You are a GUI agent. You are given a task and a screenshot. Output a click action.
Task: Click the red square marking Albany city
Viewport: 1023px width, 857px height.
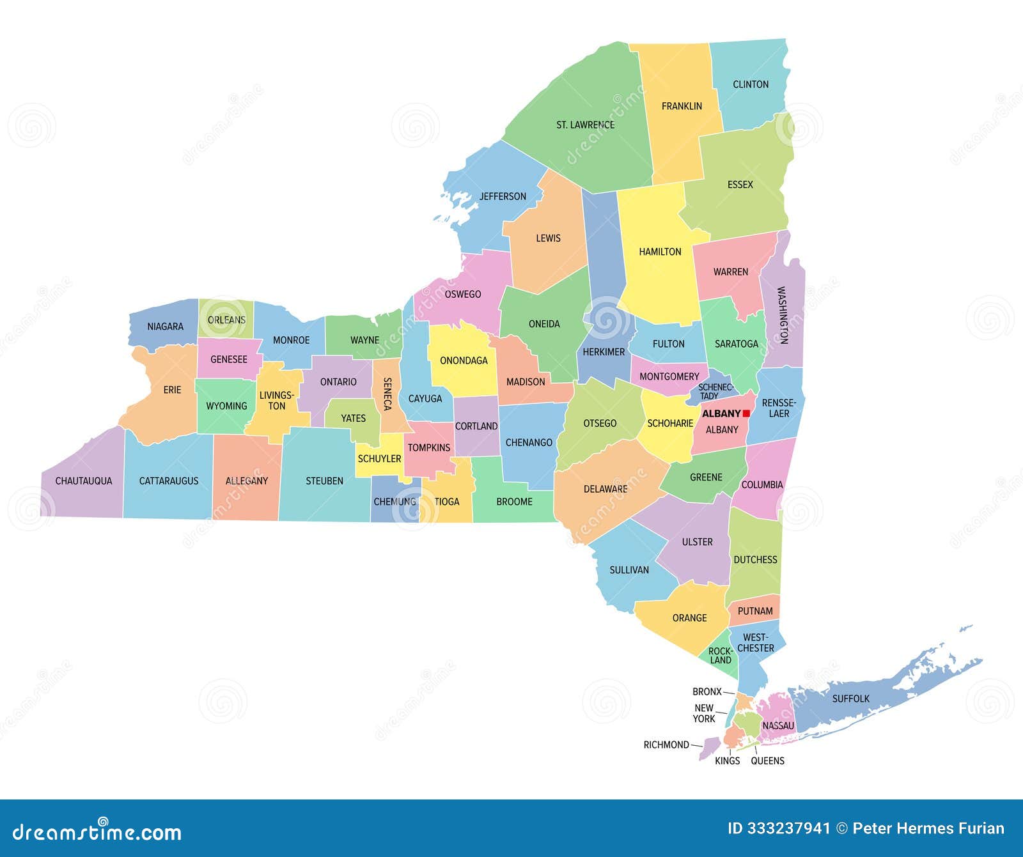[x=746, y=413]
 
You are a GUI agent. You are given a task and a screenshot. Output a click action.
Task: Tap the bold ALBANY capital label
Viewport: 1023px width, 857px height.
[x=721, y=413]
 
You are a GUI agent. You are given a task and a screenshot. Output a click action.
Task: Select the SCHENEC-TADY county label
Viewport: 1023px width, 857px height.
[x=715, y=391]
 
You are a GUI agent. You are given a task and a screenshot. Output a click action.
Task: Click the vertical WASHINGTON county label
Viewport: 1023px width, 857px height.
[x=782, y=315]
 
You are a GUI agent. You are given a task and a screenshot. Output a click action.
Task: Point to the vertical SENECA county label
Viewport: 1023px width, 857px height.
[x=387, y=394]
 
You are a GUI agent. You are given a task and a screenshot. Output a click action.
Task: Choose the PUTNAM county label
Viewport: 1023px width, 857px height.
[x=755, y=611]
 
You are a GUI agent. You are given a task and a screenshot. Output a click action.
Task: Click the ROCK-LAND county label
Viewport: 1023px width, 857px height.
[x=721, y=656]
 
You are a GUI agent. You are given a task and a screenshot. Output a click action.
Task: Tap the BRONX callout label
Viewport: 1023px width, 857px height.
[x=707, y=691]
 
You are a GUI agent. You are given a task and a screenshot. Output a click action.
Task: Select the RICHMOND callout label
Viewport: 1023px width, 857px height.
[x=666, y=745]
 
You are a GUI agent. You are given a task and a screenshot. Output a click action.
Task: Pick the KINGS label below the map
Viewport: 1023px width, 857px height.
[x=727, y=760]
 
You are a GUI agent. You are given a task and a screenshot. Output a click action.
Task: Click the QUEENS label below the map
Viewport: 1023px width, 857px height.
[x=767, y=760]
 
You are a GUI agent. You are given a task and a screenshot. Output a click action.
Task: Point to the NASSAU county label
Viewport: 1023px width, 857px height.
[x=778, y=725]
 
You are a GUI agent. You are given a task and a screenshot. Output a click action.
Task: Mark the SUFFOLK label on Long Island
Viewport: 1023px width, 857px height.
[x=850, y=699]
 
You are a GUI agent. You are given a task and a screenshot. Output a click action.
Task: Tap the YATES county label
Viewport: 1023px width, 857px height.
[x=353, y=418]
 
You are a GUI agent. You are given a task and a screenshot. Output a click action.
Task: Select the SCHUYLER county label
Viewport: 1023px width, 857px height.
[x=379, y=458]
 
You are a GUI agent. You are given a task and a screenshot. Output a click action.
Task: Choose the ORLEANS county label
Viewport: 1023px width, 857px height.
[x=226, y=320]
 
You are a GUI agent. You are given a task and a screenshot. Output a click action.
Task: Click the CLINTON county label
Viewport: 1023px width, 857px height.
[x=751, y=84]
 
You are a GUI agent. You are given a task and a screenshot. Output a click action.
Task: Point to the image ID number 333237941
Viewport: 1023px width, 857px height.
[x=779, y=829]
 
